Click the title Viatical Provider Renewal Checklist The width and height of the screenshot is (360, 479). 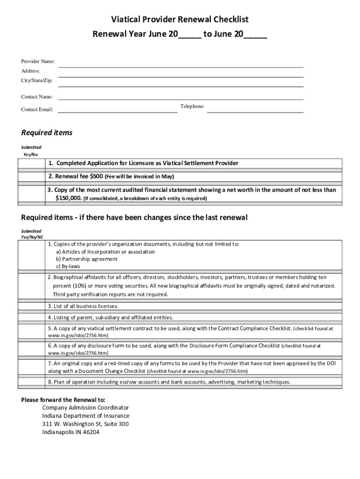tap(180, 20)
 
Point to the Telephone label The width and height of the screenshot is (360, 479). tap(192, 107)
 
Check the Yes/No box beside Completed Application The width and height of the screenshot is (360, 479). tap(31, 163)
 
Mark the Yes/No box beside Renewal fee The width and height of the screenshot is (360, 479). tap(31, 176)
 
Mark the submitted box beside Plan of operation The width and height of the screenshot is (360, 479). tap(31, 382)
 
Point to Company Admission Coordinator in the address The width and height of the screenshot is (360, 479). tap(86, 407)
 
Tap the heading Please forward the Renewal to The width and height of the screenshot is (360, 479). tap(64, 400)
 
